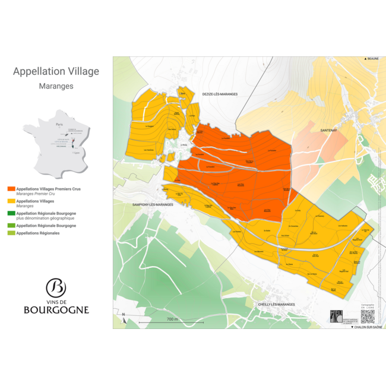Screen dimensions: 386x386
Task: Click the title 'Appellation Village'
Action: point(56,72)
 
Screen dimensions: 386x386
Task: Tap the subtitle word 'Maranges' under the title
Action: point(56,86)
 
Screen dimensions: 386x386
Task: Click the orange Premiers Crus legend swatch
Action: point(11,189)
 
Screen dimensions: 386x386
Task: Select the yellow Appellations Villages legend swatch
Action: point(11,201)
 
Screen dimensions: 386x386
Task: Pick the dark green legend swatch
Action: point(11,213)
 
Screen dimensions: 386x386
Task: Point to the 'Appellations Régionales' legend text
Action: point(38,233)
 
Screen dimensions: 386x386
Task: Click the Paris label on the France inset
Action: point(58,125)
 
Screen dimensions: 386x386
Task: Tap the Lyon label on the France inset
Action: point(75,153)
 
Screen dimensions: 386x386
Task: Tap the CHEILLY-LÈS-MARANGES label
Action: point(276,304)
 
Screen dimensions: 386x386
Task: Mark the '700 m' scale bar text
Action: point(172,319)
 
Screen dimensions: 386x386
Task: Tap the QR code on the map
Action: point(368,316)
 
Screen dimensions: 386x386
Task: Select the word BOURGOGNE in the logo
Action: point(56,310)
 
